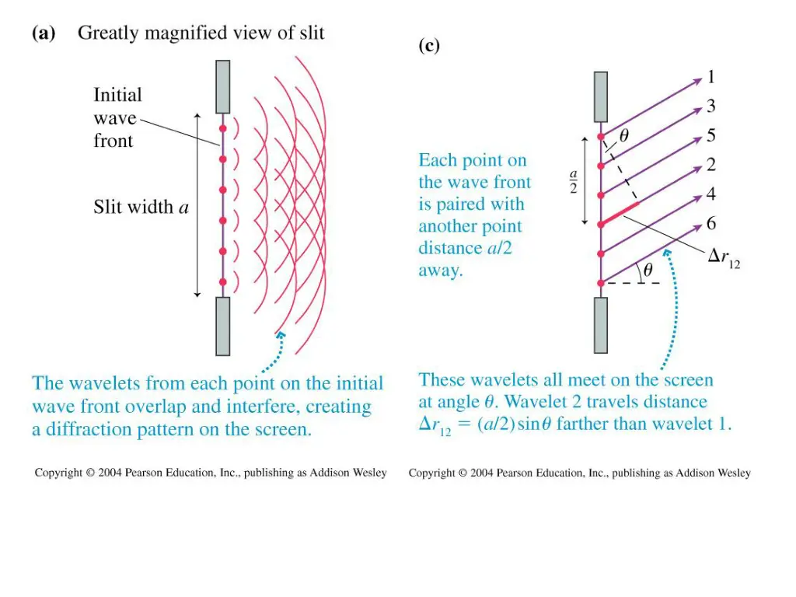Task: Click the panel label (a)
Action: click(x=44, y=33)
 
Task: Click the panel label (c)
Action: click(x=429, y=46)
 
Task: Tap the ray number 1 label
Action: click(x=710, y=77)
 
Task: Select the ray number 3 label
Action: click(x=710, y=106)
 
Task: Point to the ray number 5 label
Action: click(x=710, y=135)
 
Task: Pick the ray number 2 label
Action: click(x=710, y=165)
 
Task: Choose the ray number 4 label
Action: click(x=710, y=194)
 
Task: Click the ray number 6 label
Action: click(x=710, y=224)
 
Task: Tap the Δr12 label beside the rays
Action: click(x=723, y=257)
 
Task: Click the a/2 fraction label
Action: click(x=573, y=182)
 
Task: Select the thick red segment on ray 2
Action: click(x=620, y=214)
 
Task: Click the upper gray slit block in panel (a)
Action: click(x=222, y=86)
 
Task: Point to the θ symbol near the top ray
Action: click(x=623, y=135)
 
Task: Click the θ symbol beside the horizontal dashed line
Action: click(x=647, y=271)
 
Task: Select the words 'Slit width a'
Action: click(x=141, y=208)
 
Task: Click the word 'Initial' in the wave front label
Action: click(x=117, y=95)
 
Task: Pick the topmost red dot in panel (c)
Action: click(x=600, y=137)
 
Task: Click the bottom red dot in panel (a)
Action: click(x=222, y=281)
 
